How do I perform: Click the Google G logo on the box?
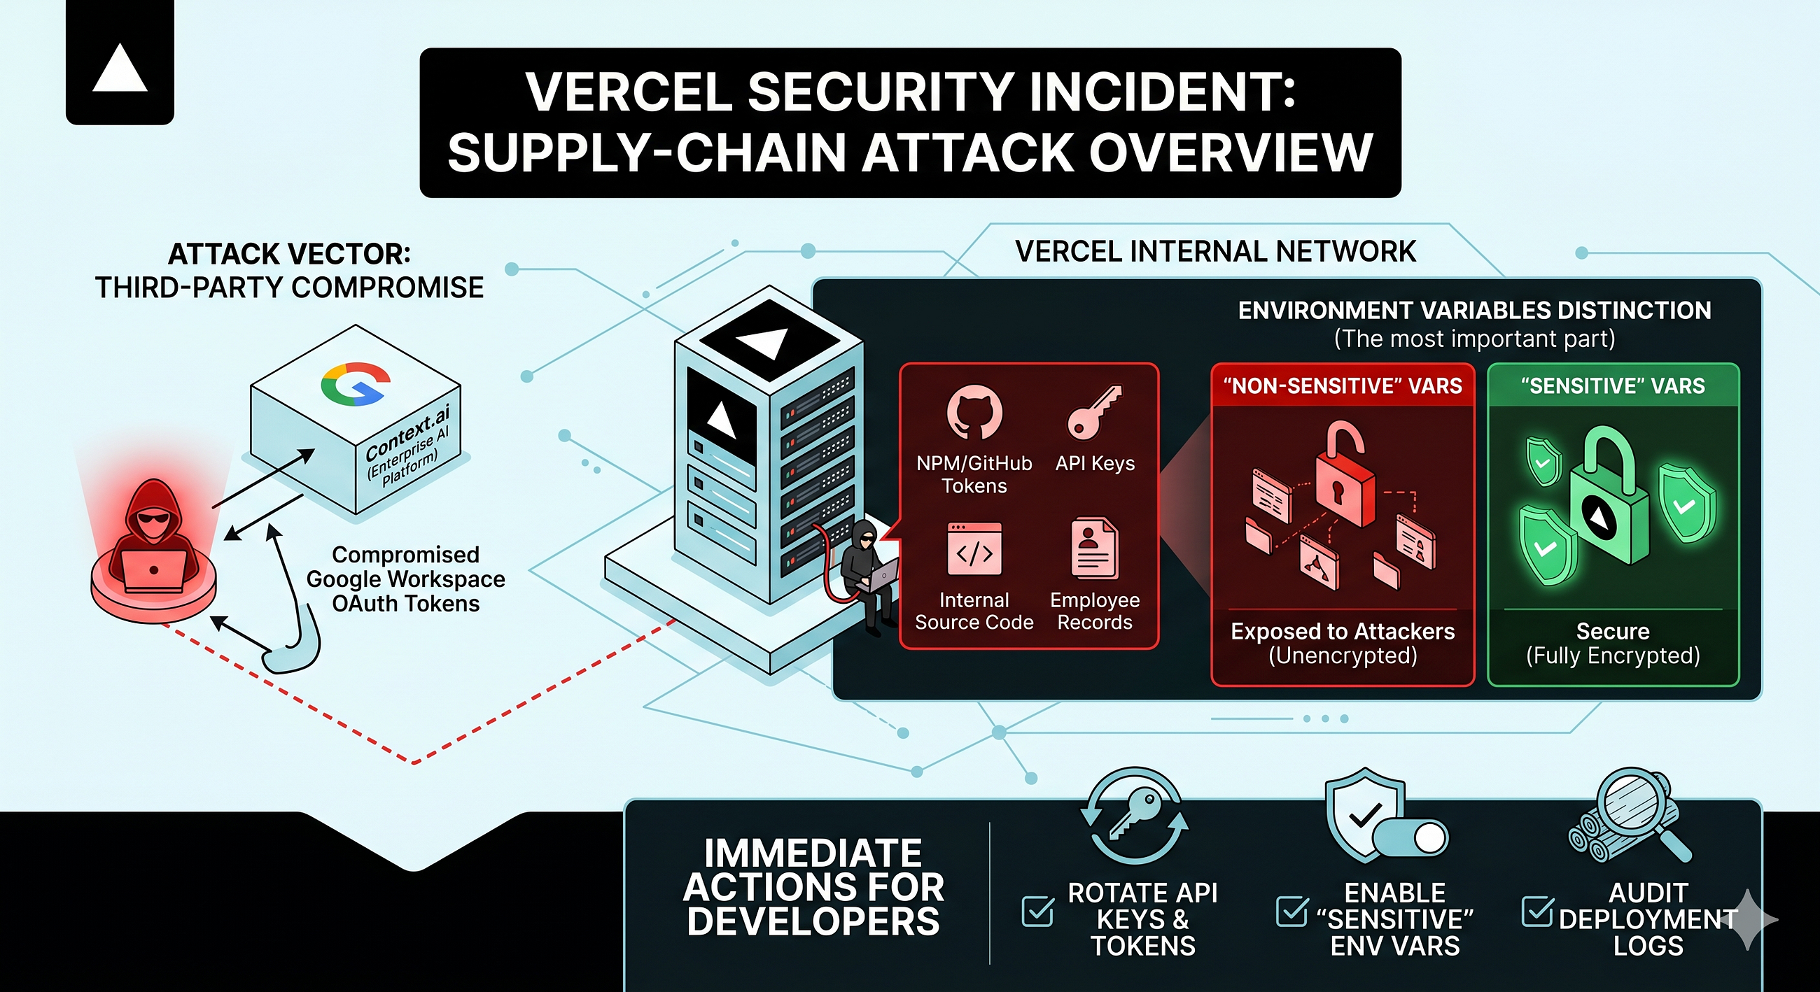[x=356, y=385]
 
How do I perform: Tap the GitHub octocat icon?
[x=974, y=412]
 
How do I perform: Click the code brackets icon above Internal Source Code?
[x=974, y=550]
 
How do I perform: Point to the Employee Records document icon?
[x=1094, y=548]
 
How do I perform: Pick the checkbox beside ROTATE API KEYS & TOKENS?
[x=1037, y=912]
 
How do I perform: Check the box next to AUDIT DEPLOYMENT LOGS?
[x=1537, y=912]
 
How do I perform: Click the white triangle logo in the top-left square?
[x=120, y=68]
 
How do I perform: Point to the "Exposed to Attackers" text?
[x=1343, y=631]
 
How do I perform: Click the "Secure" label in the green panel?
[x=1613, y=631]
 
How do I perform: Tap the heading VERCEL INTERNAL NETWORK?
[x=1215, y=252]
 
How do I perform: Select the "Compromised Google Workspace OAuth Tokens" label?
[x=405, y=579]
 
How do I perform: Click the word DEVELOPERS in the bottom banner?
[x=813, y=921]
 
